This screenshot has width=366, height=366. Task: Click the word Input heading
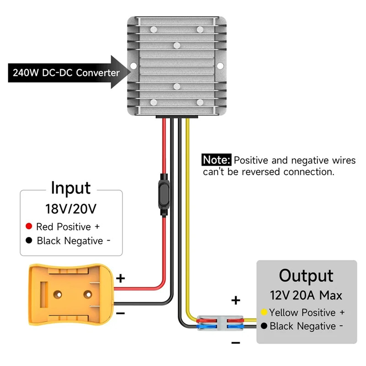[x=70, y=188]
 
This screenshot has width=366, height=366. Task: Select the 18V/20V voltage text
[x=71, y=209]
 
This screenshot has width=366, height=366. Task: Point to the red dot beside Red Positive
[x=29, y=226]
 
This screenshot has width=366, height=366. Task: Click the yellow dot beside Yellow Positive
[x=264, y=313]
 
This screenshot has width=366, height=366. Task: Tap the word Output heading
[x=306, y=276]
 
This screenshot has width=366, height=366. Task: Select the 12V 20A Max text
[x=306, y=295]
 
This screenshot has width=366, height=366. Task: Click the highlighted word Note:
[x=217, y=160]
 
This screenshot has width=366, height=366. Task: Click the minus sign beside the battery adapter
[x=120, y=312]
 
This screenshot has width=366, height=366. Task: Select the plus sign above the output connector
[x=236, y=301]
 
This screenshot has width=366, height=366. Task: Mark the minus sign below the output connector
[x=236, y=343]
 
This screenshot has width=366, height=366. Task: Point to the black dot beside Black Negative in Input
[x=29, y=241]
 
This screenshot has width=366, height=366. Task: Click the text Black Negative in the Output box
[x=302, y=326]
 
